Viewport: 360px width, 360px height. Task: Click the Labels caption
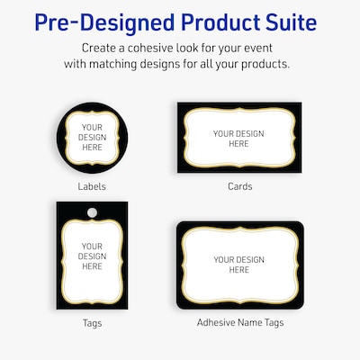92,187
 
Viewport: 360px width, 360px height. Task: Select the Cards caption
239,187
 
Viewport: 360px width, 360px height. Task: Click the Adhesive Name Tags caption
239,321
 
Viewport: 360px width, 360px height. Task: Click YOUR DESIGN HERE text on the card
238,139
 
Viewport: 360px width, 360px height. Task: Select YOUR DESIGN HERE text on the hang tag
92,256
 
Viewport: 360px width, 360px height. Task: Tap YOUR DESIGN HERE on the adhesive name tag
238,265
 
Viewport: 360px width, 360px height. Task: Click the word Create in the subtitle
101,47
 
